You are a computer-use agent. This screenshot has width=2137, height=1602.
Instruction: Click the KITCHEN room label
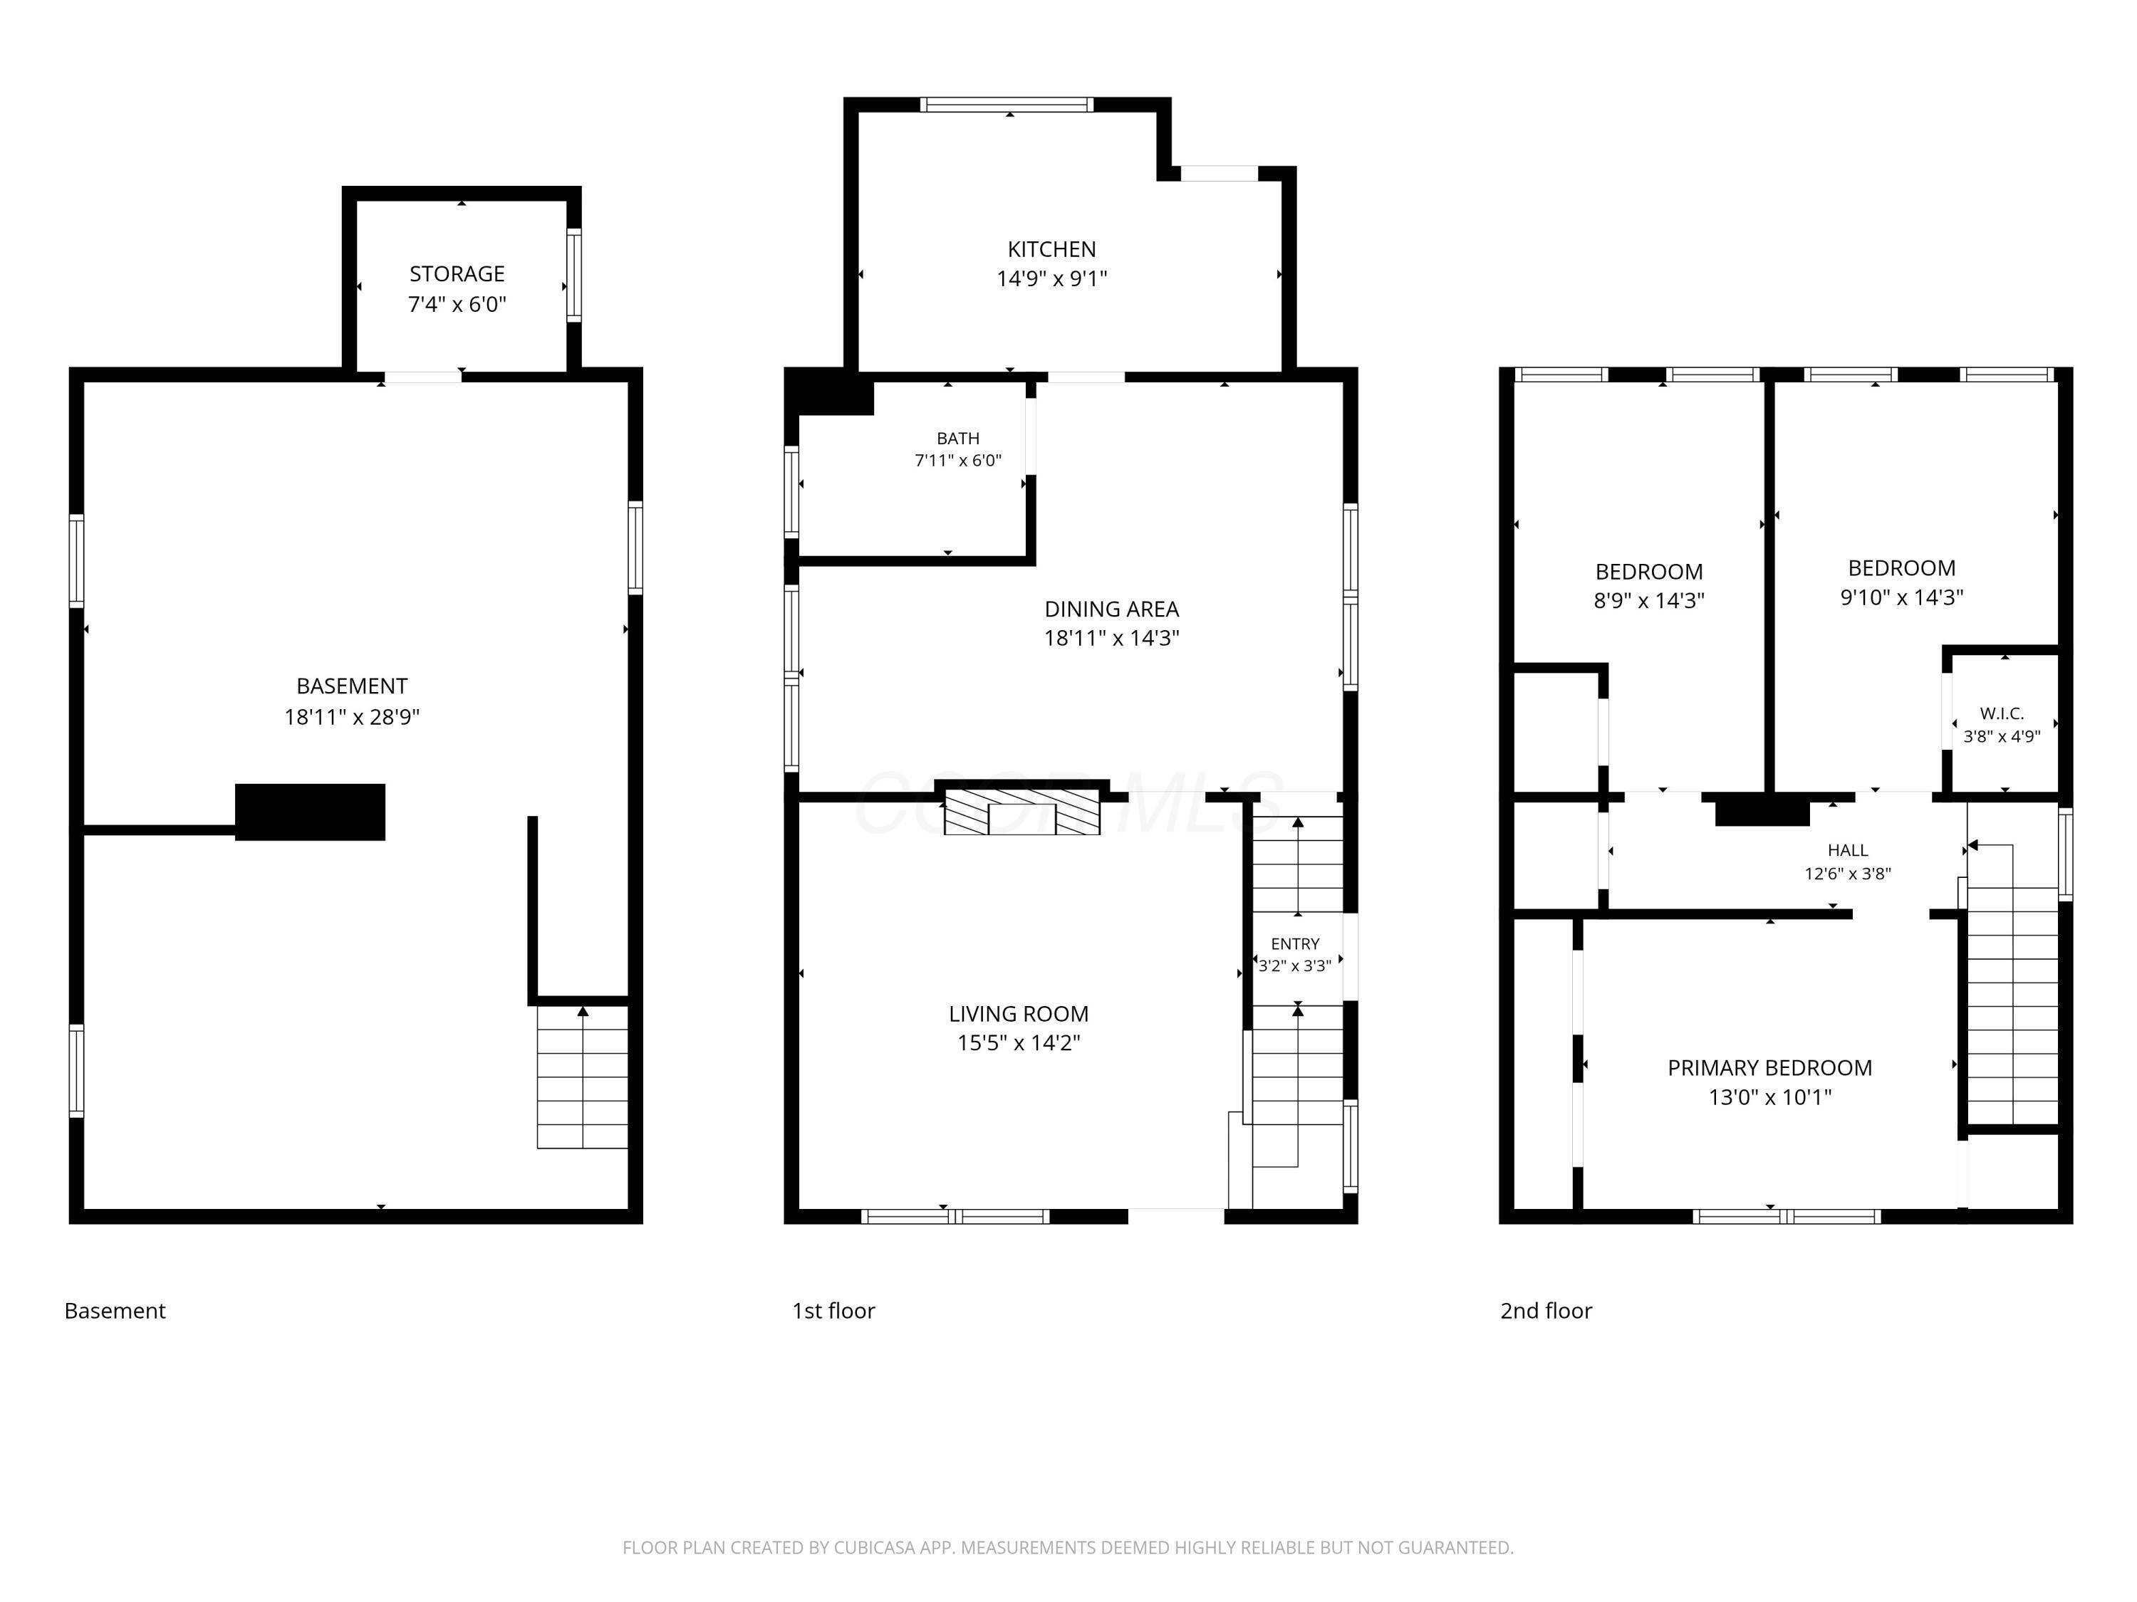pyautogui.click(x=1051, y=249)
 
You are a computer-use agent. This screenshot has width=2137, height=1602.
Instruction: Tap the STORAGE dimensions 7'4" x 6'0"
pyautogui.click(x=457, y=304)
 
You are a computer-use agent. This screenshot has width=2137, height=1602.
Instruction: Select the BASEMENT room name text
pyautogui.click(x=352, y=686)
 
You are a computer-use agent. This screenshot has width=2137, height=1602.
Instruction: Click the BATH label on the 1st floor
pyautogui.click(x=957, y=439)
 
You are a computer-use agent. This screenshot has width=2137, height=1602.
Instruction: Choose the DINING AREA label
pyautogui.click(x=1111, y=609)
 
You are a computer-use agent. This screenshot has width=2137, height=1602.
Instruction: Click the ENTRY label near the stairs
pyautogui.click(x=1294, y=943)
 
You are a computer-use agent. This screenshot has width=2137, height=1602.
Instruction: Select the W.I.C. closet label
pyautogui.click(x=2002, y=713)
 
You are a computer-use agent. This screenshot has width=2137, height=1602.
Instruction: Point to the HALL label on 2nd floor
pyautogui.click(x=1847, y=849)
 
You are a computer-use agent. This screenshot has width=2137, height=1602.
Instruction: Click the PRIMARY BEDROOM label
pyautogui.click(x=1770, y=1067)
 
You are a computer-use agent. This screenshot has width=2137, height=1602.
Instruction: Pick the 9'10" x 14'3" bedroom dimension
pyautogui.click(x=1901, y=597)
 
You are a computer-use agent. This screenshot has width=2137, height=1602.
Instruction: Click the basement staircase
pyautogui.click(x=583, y=1077)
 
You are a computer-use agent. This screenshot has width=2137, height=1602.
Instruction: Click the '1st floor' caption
pyautogui.click(x=833, y=1310)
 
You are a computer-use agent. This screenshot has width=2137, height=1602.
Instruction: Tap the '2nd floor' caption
pyautogui.click(x=1546, y=1310)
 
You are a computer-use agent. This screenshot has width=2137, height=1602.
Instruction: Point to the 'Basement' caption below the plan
pyautogui.click(x=115, y=1310)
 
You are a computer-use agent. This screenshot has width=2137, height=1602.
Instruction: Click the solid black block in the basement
pyautogui.click(x=310, y=812)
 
